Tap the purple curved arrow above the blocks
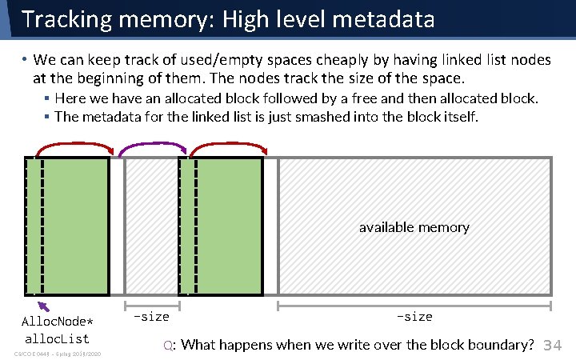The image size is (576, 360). click(x=153, y=146)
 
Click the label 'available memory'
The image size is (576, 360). click(x=414, y=227)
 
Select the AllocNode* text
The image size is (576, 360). click(x=57, y=322)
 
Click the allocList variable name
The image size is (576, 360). click(x=57, y=338)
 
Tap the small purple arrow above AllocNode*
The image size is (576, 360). click(x=43, y=305)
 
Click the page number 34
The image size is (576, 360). click(x=553, y=346)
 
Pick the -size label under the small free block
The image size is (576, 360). click(x=151, y=317)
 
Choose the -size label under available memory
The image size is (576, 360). click(x=414, y=317)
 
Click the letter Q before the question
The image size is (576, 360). click(x=168, y=346)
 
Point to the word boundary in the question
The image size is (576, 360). click(x=498, y=345)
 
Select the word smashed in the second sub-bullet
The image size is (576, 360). click(x=329, y=117)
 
